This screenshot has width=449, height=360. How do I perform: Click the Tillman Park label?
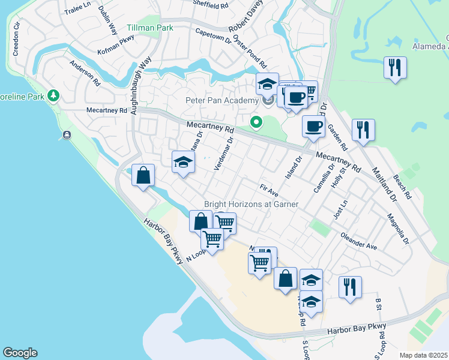point(150,28)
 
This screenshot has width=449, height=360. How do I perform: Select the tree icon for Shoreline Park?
point(53,95)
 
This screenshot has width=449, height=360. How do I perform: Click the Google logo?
point(20,353)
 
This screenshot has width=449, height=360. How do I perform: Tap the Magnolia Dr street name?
point(397,229)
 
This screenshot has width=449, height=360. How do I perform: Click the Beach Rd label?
point(403,187)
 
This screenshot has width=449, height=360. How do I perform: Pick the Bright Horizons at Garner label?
point(252,204)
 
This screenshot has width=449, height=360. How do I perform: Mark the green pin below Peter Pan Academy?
point(256,123)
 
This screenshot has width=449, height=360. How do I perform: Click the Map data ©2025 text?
point(424,355)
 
